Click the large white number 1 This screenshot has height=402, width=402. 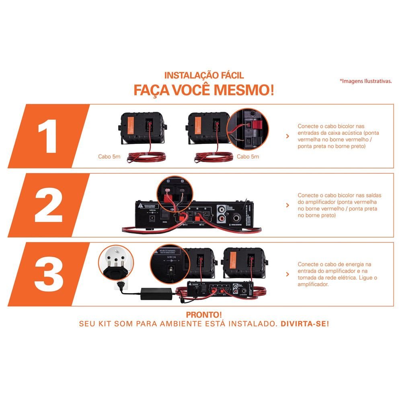point(47,136)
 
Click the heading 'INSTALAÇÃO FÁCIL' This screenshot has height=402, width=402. point(204,75)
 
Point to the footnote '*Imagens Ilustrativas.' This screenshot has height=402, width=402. point(365,81)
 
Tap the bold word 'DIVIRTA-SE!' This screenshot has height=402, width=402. point(304,324)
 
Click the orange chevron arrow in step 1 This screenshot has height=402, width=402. point(287,136)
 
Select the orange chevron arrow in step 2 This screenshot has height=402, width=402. point(287,205)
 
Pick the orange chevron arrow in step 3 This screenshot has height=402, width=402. point(287,274)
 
